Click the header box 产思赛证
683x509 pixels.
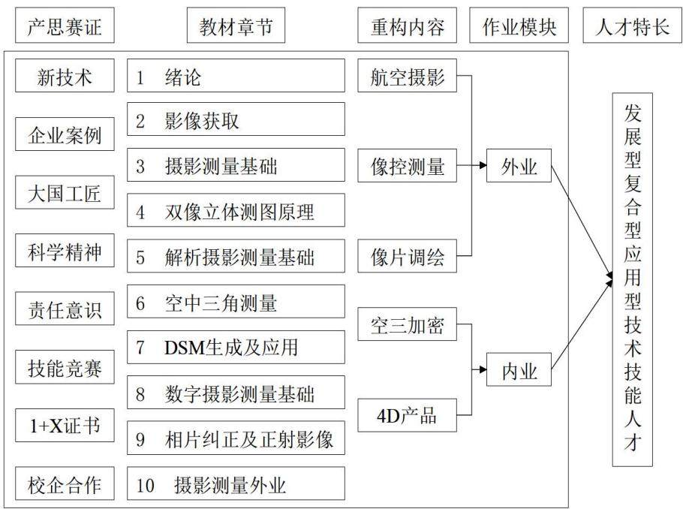coord(65,26)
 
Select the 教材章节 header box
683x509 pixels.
coord(236,26)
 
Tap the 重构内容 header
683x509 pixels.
coord(407,26)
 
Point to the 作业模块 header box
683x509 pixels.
coord(519,26)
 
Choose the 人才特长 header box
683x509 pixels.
coord(633,26)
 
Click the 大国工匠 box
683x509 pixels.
coord(65,192)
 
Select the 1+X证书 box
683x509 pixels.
coord(65,425)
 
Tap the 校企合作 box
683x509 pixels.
coord(65,483)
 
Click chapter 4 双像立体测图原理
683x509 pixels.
coord(236,210)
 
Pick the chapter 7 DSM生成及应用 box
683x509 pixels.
coord(236,347)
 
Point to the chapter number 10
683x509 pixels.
coord(145,484)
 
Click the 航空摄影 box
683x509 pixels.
coord(407,75)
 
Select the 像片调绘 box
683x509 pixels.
coord(407,256)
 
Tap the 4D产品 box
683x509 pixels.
coord(407,415)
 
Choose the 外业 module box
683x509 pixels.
coord(519,165)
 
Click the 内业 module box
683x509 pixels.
coord(519,369)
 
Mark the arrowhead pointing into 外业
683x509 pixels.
coord(483,165)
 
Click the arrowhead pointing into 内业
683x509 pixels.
coord(483,369)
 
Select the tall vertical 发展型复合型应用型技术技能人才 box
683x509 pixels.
coord(633,279)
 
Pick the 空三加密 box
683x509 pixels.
coord(407,324)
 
